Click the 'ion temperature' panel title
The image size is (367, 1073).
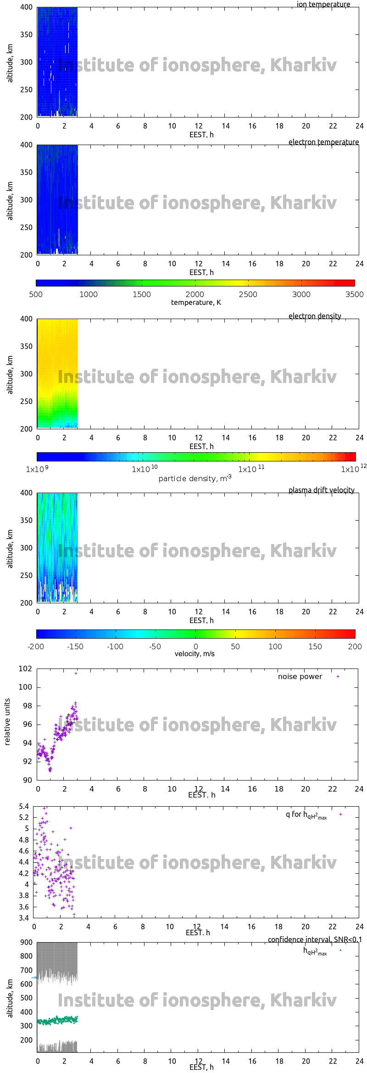(323, 4)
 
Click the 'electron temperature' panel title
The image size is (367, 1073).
(323, 142)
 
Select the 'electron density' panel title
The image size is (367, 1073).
(315, 316)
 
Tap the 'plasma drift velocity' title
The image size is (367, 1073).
(321, 490)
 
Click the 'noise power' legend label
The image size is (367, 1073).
(300, 676)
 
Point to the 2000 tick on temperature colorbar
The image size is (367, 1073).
(195, 294)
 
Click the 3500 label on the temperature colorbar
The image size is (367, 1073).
(354, 294)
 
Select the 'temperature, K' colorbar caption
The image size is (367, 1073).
(196, 302)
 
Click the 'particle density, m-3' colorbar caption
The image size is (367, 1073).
(195, 478)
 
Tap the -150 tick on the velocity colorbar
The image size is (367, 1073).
(75, 646)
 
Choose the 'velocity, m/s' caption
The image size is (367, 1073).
(195, 653)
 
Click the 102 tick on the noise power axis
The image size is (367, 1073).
(25, 669)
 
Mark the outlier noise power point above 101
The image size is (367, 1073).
(76, 673)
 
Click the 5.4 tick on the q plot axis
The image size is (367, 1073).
(24, 806)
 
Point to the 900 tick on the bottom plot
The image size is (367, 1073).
(27, 942)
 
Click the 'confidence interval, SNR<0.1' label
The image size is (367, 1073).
(315, 939)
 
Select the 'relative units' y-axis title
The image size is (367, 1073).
(7, 722)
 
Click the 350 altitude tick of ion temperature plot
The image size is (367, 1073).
(27, 34)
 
